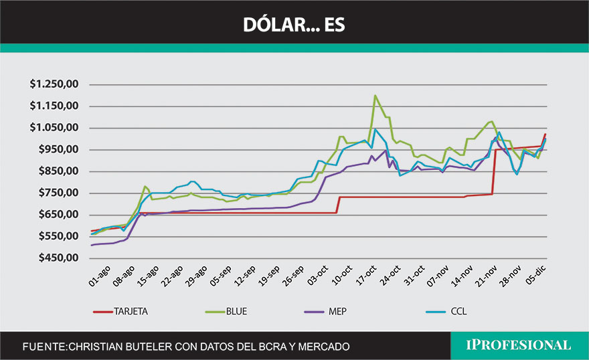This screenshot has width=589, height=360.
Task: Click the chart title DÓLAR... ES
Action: click(294, 24)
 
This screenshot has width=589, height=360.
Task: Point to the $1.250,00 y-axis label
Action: click(56, 84)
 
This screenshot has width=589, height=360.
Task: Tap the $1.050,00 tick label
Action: click(56, 128)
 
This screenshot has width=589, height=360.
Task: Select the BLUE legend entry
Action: click(238, 311)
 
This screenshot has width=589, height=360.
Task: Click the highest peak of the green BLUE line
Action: click(375, 96)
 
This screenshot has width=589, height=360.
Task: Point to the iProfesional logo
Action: click(519, 345)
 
